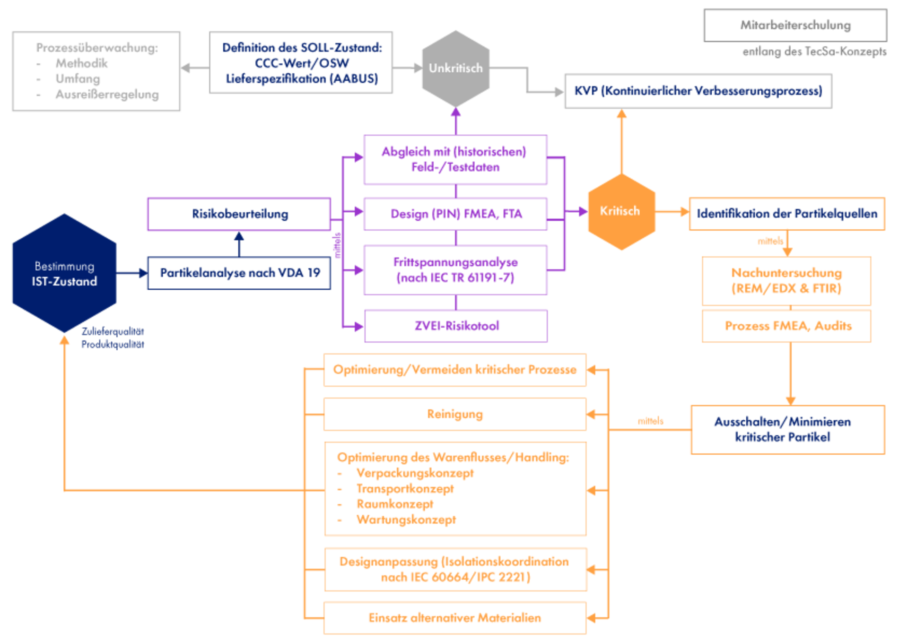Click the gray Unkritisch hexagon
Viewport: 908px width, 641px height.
pos(455,68)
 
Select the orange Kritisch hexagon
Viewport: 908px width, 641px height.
pos(621,211)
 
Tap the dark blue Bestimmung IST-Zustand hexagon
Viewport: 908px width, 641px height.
pos(64,273)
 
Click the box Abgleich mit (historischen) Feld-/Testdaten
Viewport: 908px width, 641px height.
pos(455,159)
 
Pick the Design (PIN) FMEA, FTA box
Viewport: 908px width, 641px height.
pos(455,214)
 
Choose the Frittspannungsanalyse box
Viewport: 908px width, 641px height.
pos(455,270)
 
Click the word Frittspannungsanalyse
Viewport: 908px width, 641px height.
pos(455,262)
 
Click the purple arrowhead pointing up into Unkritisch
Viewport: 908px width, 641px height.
pos(456,113)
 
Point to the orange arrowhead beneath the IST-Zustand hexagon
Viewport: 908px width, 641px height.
pos(65,340)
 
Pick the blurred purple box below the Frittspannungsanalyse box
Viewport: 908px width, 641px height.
pos(456,326)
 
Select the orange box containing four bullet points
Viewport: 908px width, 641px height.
pos(455,489)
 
